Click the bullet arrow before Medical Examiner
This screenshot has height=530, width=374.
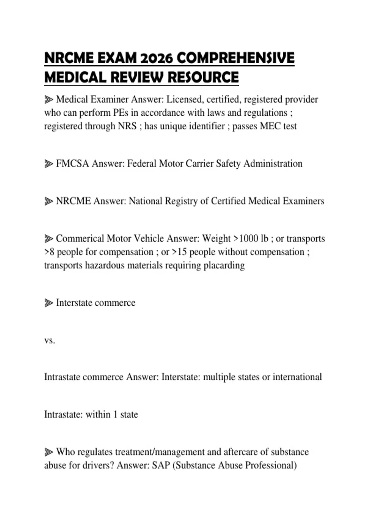49,100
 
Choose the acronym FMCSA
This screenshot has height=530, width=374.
72,164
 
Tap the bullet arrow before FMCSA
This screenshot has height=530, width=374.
49,164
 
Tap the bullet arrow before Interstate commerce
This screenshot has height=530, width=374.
49,303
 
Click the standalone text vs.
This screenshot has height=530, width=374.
50,340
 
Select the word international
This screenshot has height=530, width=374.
297,377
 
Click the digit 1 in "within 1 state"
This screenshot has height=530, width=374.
115,415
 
